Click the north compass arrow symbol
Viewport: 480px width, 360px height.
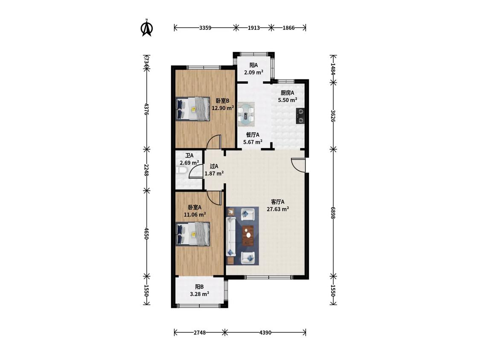(147, 28)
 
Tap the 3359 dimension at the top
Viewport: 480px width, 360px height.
(205, 28)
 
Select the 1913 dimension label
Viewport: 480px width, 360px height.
(254, 28)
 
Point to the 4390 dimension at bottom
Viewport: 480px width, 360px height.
(265, 332)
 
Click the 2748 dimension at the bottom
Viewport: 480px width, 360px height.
(200, 332)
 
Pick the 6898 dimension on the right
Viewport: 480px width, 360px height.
(333, 212)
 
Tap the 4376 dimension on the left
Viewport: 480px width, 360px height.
(147, 109)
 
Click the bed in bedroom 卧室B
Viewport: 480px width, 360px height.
(193, 109)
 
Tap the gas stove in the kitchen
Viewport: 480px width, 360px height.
(300, 116)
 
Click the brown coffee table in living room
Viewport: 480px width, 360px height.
(248, 235)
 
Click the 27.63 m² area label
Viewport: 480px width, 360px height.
(278, 209)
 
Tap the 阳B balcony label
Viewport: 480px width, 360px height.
(199, 287)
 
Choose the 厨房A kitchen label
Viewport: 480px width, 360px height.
(288, 93)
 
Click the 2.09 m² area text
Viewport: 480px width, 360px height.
(254, 73)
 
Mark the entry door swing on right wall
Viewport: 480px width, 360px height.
(298, 165)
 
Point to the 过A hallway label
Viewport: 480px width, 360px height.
(214, 166)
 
